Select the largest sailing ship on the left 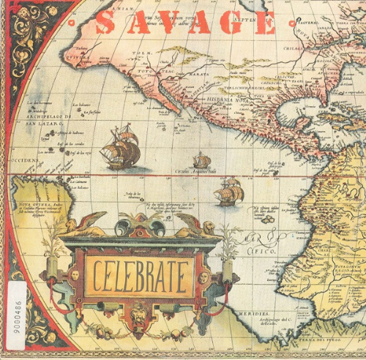(119, 147)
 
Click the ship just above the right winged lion (228, 192)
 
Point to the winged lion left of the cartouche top (86, 223)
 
